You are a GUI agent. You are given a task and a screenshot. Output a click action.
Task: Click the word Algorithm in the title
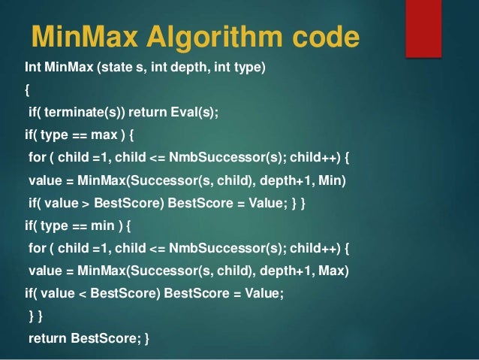click(x=224, y=38)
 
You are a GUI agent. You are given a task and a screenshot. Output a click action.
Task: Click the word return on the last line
click(x=47, y=338)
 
